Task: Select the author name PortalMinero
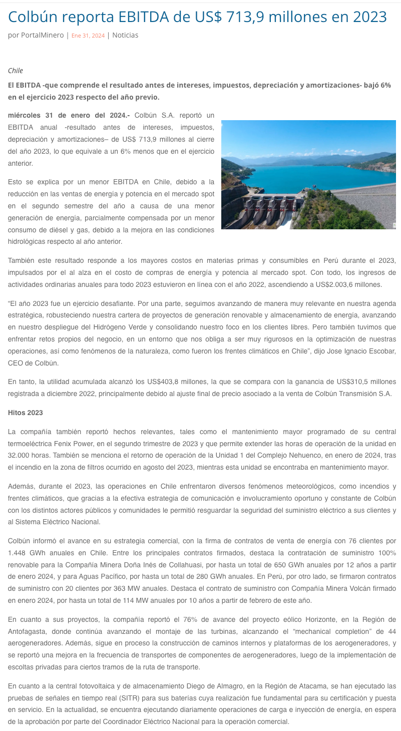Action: point(42,36)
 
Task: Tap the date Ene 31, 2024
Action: point(88,36)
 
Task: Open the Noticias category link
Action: point(125,36)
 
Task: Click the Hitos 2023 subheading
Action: point(26,413)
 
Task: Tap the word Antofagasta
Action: point(30,631)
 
